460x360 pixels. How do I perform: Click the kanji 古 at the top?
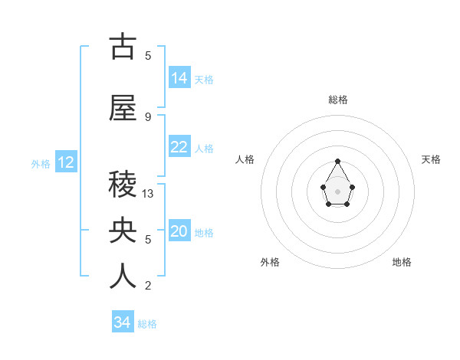tap(123, 47)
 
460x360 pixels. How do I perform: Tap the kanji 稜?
tap(123, 185)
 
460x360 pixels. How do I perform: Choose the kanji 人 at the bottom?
tap(123, 276)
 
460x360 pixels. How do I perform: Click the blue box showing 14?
tap(179, 78)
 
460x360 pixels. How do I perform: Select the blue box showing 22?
tap(179, 147)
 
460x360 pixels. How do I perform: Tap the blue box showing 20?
tap(179, 231)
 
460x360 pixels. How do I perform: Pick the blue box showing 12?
tap(66, 162)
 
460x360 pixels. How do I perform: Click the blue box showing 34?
tap(123, 322)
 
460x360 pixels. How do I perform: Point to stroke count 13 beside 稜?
tap(148, 194)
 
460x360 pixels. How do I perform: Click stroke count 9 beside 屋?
tap(148, 116)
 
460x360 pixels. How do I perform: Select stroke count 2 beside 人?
tap(148, 286)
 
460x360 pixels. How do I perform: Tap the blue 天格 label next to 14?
tap(204, 80)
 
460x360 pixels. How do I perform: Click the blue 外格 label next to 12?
tap(41, 164)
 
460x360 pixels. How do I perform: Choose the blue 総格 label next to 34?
tap(147, 324)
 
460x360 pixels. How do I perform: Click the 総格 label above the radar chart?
tap(337, 100)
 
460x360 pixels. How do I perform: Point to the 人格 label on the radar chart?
tap(245, 159)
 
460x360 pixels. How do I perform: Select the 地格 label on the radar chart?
tap(402, 262)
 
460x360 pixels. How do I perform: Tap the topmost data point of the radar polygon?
tap(337, 161)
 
